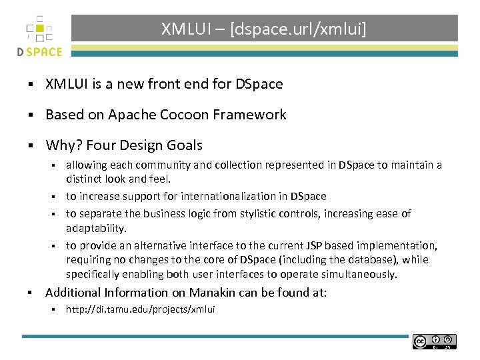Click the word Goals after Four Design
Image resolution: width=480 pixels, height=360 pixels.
pyautogui.click(x=183, y=145)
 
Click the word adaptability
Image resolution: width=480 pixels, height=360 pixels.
pyautogui.click(x=96, y=229)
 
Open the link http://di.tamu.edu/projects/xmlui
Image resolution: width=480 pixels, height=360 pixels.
pyautogui.click(x=140, y=309)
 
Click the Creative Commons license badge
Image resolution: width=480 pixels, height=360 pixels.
pyautogui.click(x=434, y=341)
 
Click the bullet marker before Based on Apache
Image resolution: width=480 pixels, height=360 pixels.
pyautogui.click(x=31, y=115)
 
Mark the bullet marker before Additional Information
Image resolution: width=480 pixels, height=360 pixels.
pyautogui.click(x=31, y=293)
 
